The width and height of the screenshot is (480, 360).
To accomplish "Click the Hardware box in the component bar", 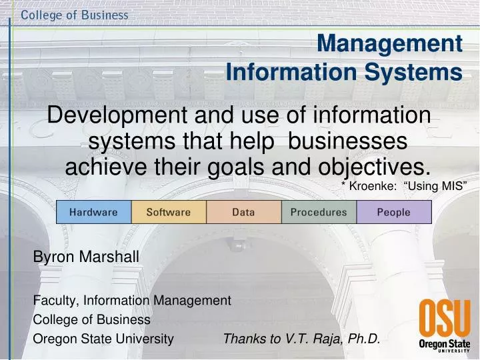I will pyautogui.click(x=93, y=212).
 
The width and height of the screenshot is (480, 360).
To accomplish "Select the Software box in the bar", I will pyautogui.click(x=169, y=212).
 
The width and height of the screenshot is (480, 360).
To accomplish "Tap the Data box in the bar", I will pyautogui.click(x=243, y=212).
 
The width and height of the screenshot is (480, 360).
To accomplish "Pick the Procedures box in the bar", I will pyautogui.click(x=319, y=212).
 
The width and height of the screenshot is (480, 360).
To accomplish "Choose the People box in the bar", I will pyautogui.click(x=394, y=212).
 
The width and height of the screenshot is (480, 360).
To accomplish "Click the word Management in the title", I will pyautogui.click(x=389, y=43).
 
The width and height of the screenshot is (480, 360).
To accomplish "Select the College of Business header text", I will pyautogui.click(x=75, y=15).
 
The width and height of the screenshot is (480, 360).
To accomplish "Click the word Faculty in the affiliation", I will pyautogui.click(x=53, y=301).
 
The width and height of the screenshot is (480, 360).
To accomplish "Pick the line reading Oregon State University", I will pyautogui.click(x=103, y=339).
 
